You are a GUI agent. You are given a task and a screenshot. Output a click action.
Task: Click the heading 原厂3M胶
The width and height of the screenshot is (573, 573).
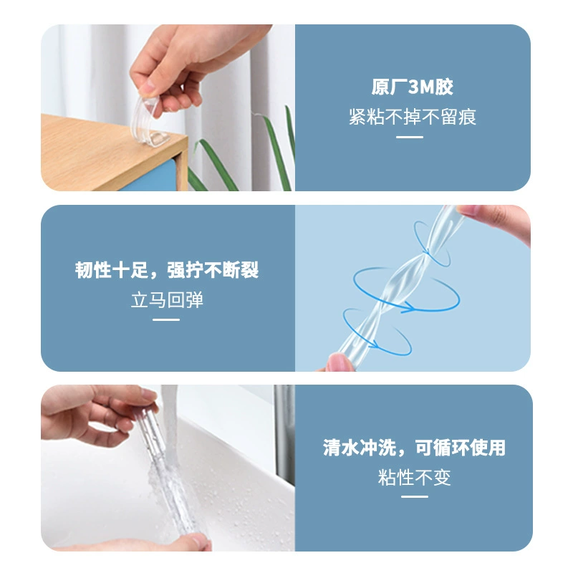point(413,87)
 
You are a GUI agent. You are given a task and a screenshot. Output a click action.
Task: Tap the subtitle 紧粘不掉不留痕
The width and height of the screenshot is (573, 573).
point(413,117)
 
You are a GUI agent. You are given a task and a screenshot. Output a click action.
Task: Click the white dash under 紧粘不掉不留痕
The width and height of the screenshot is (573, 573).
point(410,137)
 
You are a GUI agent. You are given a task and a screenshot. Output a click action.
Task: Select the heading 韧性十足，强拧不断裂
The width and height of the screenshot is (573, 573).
point(167,270)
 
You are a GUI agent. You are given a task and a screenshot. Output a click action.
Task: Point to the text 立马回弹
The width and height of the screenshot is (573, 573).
point(167,300)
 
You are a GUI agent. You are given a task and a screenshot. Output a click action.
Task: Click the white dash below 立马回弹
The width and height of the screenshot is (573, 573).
point(166,319)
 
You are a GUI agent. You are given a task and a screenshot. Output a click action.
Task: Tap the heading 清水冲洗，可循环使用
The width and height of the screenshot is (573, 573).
point(414,447)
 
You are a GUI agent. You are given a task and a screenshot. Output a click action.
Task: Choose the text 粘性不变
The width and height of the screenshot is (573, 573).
point(415,477)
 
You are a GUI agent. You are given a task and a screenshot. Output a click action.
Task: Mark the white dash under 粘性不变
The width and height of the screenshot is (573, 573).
point(415,496)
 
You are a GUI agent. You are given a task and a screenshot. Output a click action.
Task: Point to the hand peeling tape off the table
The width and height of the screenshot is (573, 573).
point(190,66)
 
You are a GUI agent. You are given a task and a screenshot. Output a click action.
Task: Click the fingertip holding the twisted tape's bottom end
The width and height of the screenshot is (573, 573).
point(339,362)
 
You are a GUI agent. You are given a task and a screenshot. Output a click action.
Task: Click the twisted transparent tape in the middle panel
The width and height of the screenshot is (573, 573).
point(398,285)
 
